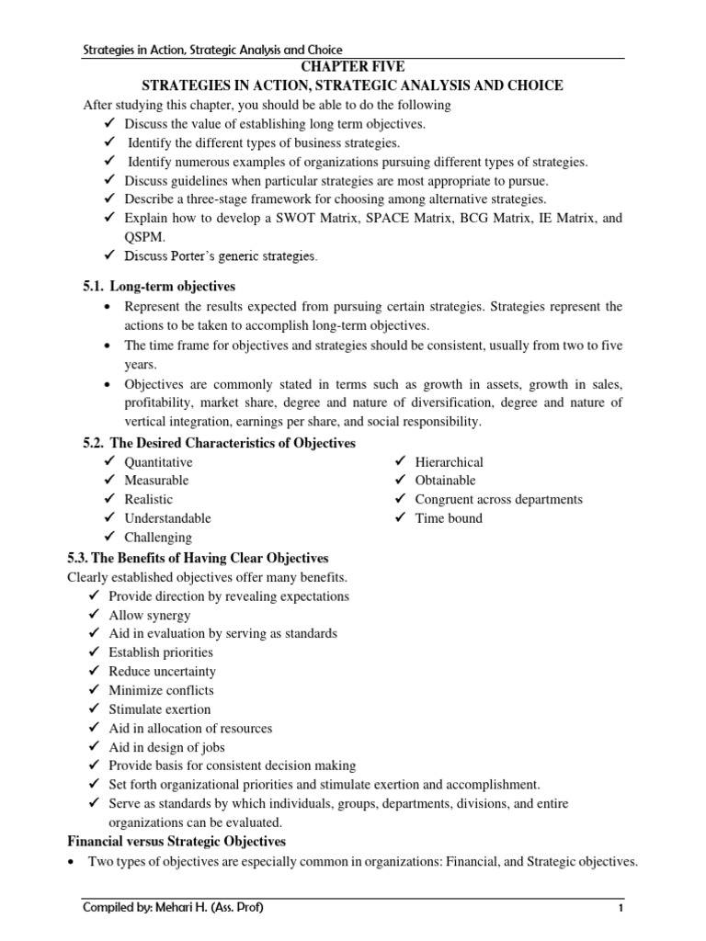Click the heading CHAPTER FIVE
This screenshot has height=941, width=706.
tap(352, 67)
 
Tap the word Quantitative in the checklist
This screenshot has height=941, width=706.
tap(158, 462)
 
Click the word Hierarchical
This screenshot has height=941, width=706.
tap(449, 462)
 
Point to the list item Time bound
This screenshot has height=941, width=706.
tap(448, 518)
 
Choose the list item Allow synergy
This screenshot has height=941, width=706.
tap(150, 615)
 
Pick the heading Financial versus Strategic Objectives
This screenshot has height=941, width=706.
tap(177, 841)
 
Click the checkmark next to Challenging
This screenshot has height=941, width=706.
tap(110, 537)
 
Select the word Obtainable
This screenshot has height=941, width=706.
tap(445, 481)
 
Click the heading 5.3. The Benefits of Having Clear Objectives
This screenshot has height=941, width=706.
tap(198, 558)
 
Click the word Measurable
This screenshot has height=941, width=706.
tap(156, 481)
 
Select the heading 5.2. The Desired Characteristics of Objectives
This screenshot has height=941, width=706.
tap(219, 443)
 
